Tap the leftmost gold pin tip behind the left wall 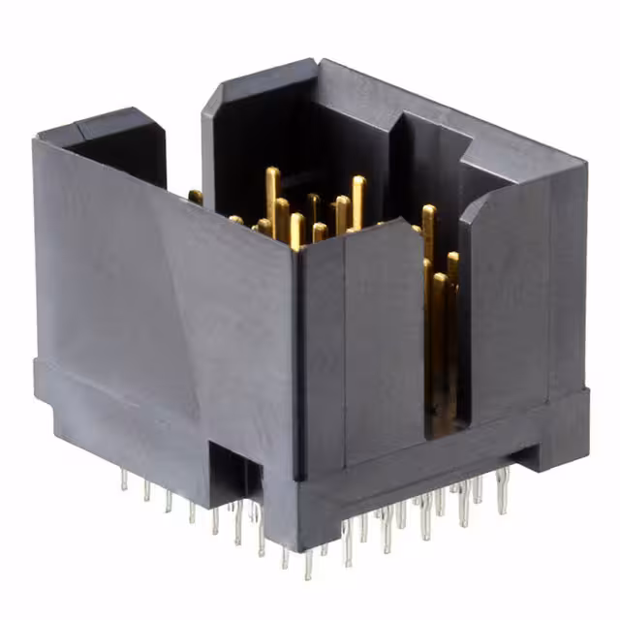196,197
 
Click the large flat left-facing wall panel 165,291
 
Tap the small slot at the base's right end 528,450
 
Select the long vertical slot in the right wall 441,329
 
